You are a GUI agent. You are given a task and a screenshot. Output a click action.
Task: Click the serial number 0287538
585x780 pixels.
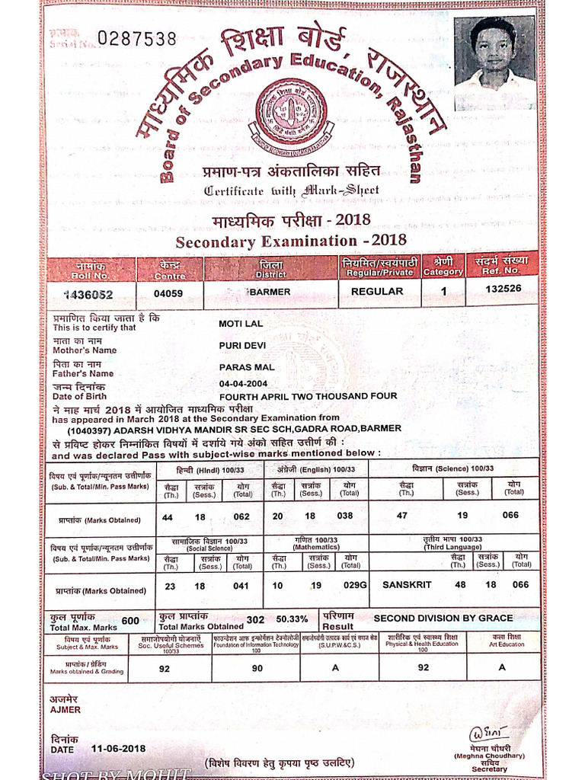coord(137,39)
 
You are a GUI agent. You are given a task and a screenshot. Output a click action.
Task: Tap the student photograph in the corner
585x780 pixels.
coord(494,51)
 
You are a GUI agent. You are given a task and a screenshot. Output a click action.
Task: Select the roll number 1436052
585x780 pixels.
coord(88,294)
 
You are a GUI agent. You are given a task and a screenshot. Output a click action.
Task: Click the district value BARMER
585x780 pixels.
coord(270,292)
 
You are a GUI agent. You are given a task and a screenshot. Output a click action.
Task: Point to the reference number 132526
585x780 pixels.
coord(503,288)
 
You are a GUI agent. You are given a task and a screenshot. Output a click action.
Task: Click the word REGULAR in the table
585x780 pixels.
coord(377,291)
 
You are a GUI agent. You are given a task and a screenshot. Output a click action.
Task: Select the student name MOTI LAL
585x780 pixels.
coord(240,324)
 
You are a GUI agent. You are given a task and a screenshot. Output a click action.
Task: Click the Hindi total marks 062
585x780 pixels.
coord(241,516)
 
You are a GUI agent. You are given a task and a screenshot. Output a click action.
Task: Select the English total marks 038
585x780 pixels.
coord(346,516)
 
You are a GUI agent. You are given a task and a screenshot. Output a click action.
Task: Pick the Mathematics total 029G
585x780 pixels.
coord(355,585)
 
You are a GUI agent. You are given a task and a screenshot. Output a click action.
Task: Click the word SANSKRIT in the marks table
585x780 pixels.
coord(407,585)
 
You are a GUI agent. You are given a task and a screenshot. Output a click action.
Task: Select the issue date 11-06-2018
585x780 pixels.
coord(118,749)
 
